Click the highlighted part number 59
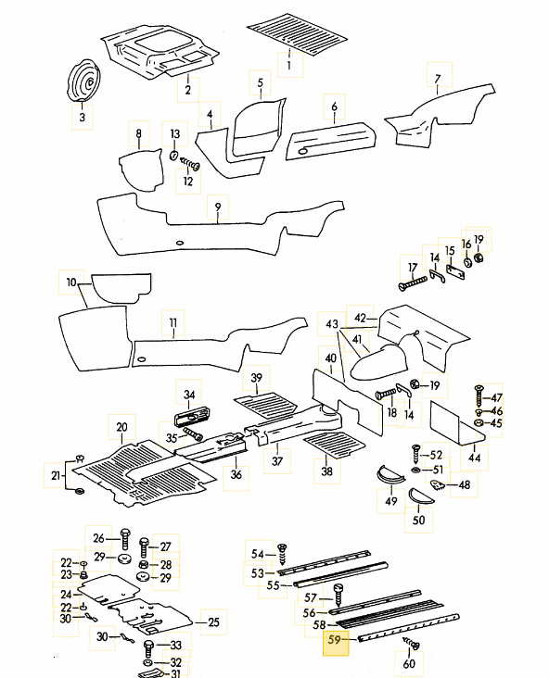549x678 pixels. (x=335, y=639)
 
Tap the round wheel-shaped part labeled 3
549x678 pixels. (x=83, y=82)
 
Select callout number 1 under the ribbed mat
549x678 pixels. (x=288, y=65)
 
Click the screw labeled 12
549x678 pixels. (x=190, y=164)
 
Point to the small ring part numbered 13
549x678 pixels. (x=173, y=155)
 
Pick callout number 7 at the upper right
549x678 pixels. (x=438, y=79)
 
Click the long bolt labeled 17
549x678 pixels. (x=412, y=282)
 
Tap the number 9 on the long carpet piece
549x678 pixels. (x=218, y=207)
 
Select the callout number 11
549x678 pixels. (x=173, y=322)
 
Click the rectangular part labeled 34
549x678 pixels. (x=195, y=418)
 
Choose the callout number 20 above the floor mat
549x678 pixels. (x=121, y=427)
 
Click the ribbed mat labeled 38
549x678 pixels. (x=334, y=445)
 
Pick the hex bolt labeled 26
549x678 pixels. (x=125, y=539)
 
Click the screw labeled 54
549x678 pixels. (x=282, y=554)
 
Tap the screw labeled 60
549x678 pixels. (x=411, y=644)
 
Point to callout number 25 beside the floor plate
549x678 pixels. (x=214, y=622)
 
